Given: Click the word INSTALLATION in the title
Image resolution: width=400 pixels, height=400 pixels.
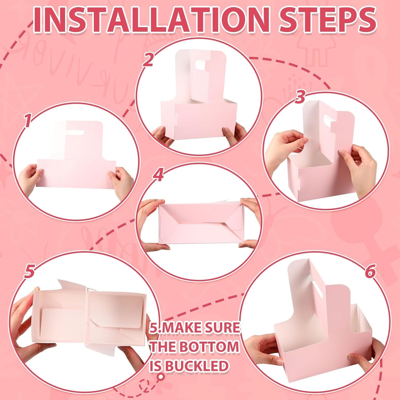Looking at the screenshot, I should tap(151, 20).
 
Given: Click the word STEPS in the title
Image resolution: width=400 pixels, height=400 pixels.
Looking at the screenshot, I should tap(327, 20).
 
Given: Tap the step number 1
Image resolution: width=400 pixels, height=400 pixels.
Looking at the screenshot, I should tap(27, 121).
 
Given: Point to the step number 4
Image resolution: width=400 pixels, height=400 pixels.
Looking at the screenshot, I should tap(158, 175).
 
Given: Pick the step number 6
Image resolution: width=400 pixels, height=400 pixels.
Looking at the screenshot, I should tap(370, 271).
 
